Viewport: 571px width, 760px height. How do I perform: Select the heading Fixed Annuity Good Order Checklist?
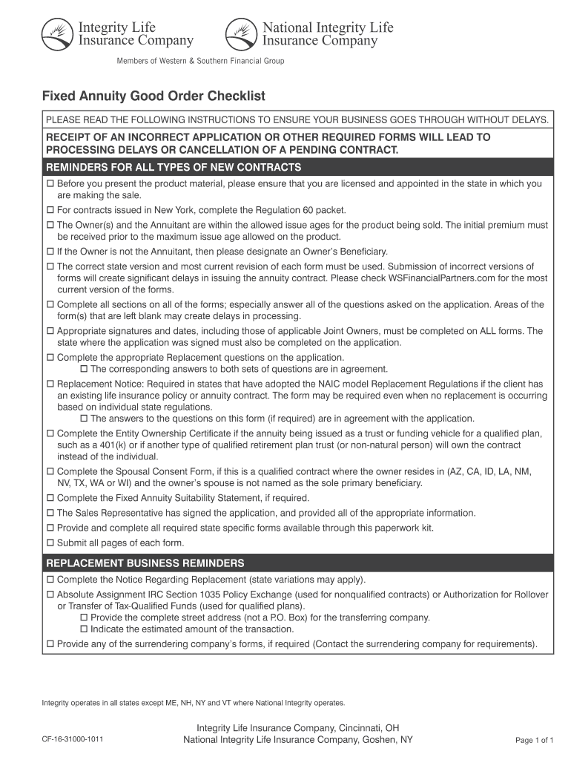click(153, 96)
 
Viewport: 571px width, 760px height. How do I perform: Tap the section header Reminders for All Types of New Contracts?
click(174, 167)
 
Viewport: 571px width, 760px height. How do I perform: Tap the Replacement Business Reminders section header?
click(145, 563)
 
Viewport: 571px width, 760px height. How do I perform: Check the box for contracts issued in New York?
click(50, 210)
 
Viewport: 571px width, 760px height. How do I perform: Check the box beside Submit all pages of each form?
click(50, 542)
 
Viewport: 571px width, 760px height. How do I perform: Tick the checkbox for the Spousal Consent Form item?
click(50, 472)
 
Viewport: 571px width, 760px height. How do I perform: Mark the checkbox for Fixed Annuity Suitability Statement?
click(50, 498)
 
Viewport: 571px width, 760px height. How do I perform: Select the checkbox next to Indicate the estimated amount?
click(84, 629)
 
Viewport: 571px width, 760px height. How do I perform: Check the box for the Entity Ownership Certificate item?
click(50, 433)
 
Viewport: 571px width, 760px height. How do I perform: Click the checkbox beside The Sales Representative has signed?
click(50, 513)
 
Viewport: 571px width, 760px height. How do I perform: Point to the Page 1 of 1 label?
click(534, 740)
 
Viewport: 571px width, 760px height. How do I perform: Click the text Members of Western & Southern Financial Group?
click(200, 61)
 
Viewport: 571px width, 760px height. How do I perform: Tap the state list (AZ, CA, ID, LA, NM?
click(489, 472)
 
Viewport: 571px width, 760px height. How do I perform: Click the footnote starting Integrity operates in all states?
click(193, 702)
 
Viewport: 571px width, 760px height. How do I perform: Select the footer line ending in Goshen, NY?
click(298, 740)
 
